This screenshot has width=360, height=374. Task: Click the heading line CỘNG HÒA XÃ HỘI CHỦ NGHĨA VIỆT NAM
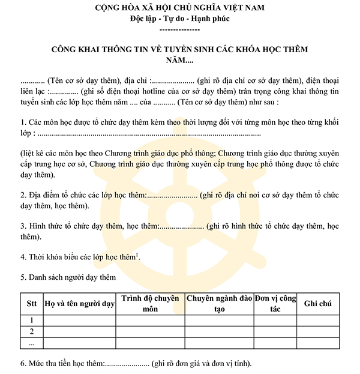click(180, 8)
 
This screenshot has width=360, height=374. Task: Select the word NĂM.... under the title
click(180, 60)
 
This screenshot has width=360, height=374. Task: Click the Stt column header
click(31, 304)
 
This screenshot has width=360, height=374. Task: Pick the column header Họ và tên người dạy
click(80, 304)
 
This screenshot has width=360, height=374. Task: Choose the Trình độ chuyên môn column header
click(150, 304)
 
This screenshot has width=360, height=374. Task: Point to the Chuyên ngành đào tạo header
click(218, 304)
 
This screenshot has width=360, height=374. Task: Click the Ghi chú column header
click(317, 304)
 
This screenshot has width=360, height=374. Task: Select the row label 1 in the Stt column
click(31, 320)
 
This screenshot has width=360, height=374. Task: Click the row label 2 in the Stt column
click(31, 331)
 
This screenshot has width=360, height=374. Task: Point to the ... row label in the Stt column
click(31, 343)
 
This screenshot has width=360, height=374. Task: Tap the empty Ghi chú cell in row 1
click(317, 320)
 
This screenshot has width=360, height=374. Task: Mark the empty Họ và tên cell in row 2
click(80, 331)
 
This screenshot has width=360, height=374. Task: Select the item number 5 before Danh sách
click(22, 277)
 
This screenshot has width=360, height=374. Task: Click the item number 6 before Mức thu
click(22, 364)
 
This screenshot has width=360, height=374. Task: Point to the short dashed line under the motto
click(180, 29)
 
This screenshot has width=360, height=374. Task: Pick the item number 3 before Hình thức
click(22, 226)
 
